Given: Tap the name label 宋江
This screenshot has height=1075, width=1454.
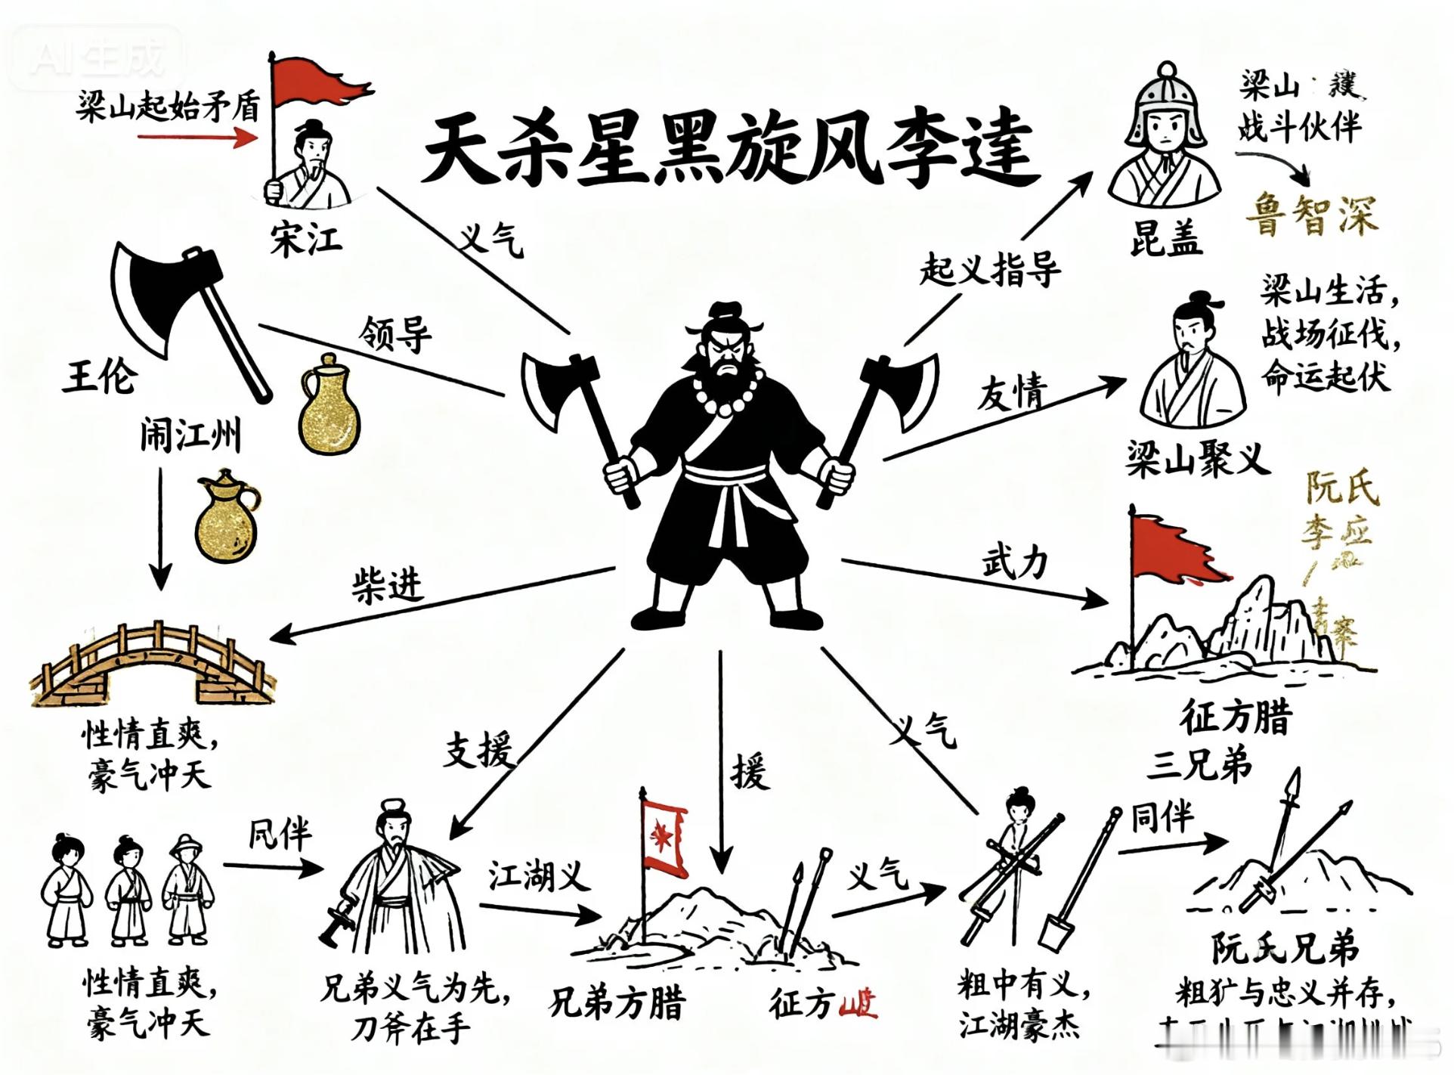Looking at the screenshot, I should (307, 240).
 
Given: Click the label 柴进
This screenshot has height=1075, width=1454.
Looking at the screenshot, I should (387, 585).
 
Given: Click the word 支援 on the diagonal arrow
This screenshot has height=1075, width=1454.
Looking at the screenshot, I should (478, 750).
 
